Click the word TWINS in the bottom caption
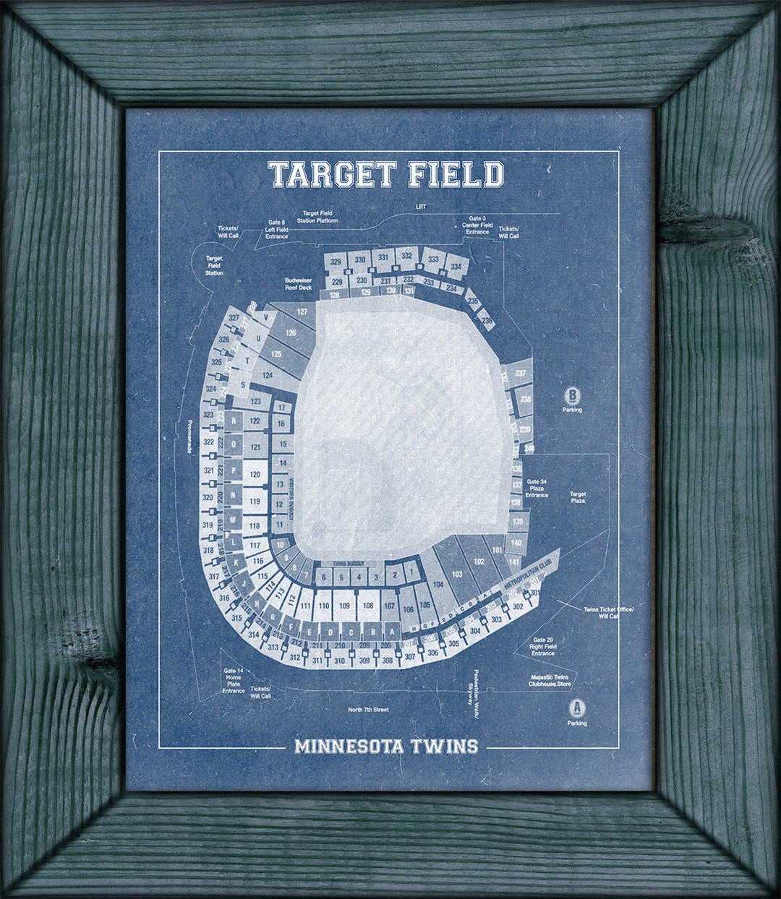[446, 746]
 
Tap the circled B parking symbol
[572, 395]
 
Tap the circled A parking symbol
[576, 707]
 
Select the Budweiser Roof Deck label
[298, 283]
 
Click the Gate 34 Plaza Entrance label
[537, 489]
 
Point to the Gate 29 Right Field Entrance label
[543, 646]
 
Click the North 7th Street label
[368, 710]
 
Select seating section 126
[291, 332]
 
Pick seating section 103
[456, 574]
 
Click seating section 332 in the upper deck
[407, 256]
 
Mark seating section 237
[520, 374]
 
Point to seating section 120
[255, 475]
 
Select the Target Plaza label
[577, 496]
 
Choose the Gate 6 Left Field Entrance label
[276, 229]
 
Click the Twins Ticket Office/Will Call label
[608, 612]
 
